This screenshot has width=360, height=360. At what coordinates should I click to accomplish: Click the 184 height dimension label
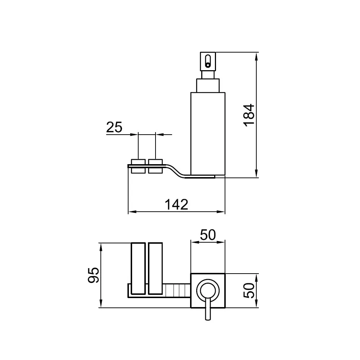[x=249, y=115]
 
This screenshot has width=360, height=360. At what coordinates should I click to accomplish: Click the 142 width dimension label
[x=176, y=204]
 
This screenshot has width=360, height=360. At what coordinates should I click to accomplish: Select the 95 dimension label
[x=94, y=275]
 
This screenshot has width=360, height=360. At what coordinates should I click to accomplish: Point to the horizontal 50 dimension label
[x=208, y=235]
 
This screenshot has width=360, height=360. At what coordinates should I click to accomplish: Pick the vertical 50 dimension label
[x=249, y=291]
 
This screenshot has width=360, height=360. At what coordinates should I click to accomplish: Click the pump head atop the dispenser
[x=208, y=62]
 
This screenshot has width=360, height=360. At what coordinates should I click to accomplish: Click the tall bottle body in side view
[x=208, y=135]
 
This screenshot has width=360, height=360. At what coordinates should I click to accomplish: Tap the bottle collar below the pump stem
[x=208, y=86]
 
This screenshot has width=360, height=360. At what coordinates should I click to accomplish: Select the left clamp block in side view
[x=138, y=166]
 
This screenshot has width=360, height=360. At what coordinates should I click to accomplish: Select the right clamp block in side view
[x=156, y=166]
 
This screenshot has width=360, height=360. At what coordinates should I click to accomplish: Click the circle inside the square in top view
[x=208, y=291]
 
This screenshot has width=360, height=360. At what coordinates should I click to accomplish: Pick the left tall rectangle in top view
[x=138, y=269]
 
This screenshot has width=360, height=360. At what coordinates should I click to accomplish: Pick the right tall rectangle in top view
[x=156, y=269]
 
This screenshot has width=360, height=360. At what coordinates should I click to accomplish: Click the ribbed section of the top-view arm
[x=176, y=291]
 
